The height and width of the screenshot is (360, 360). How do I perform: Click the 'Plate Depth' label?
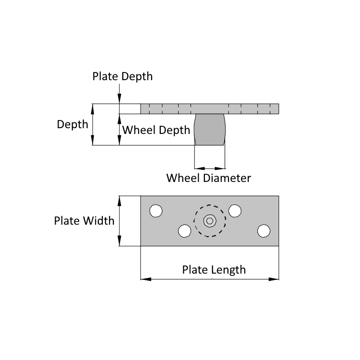pyautogui.click(x=122, y=76)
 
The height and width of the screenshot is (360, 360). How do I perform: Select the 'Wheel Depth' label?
pyautogui.click(x=154, y=130)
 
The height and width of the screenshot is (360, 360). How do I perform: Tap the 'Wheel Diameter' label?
pyautogui.click(x=208, y=178)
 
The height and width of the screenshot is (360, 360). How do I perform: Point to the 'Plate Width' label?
pyautogui.click(x=84, y=221)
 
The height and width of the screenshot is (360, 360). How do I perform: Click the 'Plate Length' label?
pyautogui.click(x=214, y=269)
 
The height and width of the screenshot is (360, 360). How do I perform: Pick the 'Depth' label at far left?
pyautogui.click(x=72, y=124)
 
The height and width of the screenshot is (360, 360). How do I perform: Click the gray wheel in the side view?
pyautogui.click(x=209, y=130)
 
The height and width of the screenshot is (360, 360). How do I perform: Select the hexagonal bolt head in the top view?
pyautogui.click(x=209, y=221)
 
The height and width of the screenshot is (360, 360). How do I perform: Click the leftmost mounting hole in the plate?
pyautogui.click(x=156, y=211)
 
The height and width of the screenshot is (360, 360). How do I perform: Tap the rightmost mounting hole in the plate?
pyautogui.click(x=263, y=231)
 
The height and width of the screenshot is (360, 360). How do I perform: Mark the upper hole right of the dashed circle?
pyautogui.click(x=235, y=211)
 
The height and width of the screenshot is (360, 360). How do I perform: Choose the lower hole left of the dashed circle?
pyautogui.click(x=184, y=231)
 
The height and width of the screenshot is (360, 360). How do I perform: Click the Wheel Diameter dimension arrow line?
pyautogui.click(x=209, y=168)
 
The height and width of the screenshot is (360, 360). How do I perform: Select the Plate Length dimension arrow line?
pyautogui.click(x=209, y=278)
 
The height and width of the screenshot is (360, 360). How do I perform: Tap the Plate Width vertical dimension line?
pyautogui.click(x=119, y=221)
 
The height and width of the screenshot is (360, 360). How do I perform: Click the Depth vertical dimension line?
pyautogui.click(x=93, y=124)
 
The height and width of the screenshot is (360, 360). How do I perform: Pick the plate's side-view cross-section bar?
pyautogui.click(x=209, y=108)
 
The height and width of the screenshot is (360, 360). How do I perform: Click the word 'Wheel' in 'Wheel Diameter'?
pyautogui.click(x=182, y=178)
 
